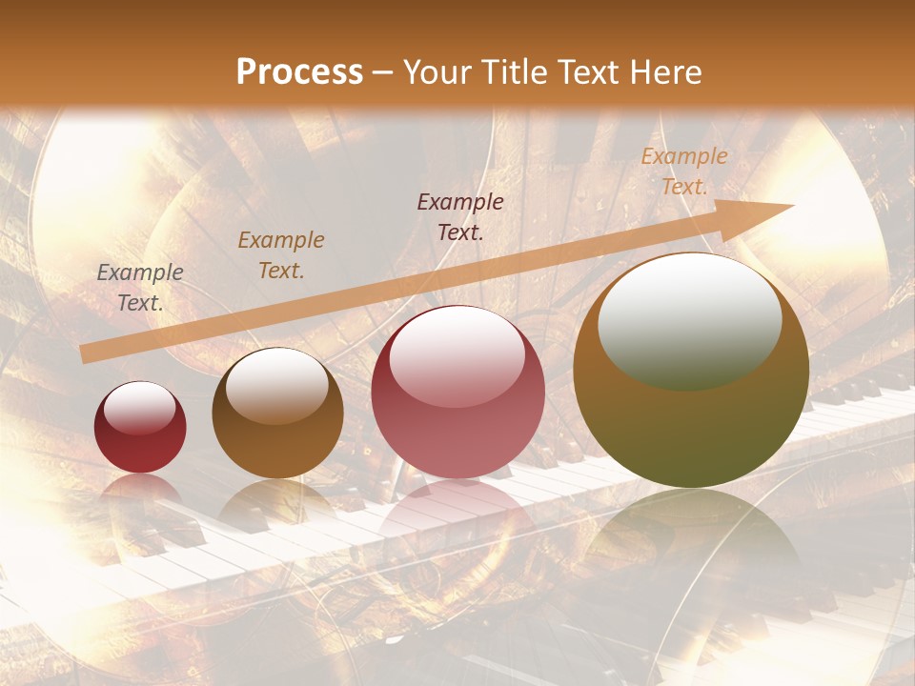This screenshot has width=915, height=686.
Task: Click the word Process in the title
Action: point(299,72)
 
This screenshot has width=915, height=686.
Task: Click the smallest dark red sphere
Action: point(140,428)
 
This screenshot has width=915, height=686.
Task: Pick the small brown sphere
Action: point(277,413)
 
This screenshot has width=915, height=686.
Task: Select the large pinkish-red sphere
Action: point(457,392)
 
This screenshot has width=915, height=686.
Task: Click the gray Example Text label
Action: point(140,288)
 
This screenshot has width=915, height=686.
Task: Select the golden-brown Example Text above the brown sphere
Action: point(281,255)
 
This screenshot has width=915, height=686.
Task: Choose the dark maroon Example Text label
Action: point(460,216)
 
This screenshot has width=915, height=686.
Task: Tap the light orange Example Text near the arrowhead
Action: point(684,171)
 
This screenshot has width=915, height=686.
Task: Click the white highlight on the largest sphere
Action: point(689,318)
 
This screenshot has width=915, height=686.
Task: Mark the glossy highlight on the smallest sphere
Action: point(140,409)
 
